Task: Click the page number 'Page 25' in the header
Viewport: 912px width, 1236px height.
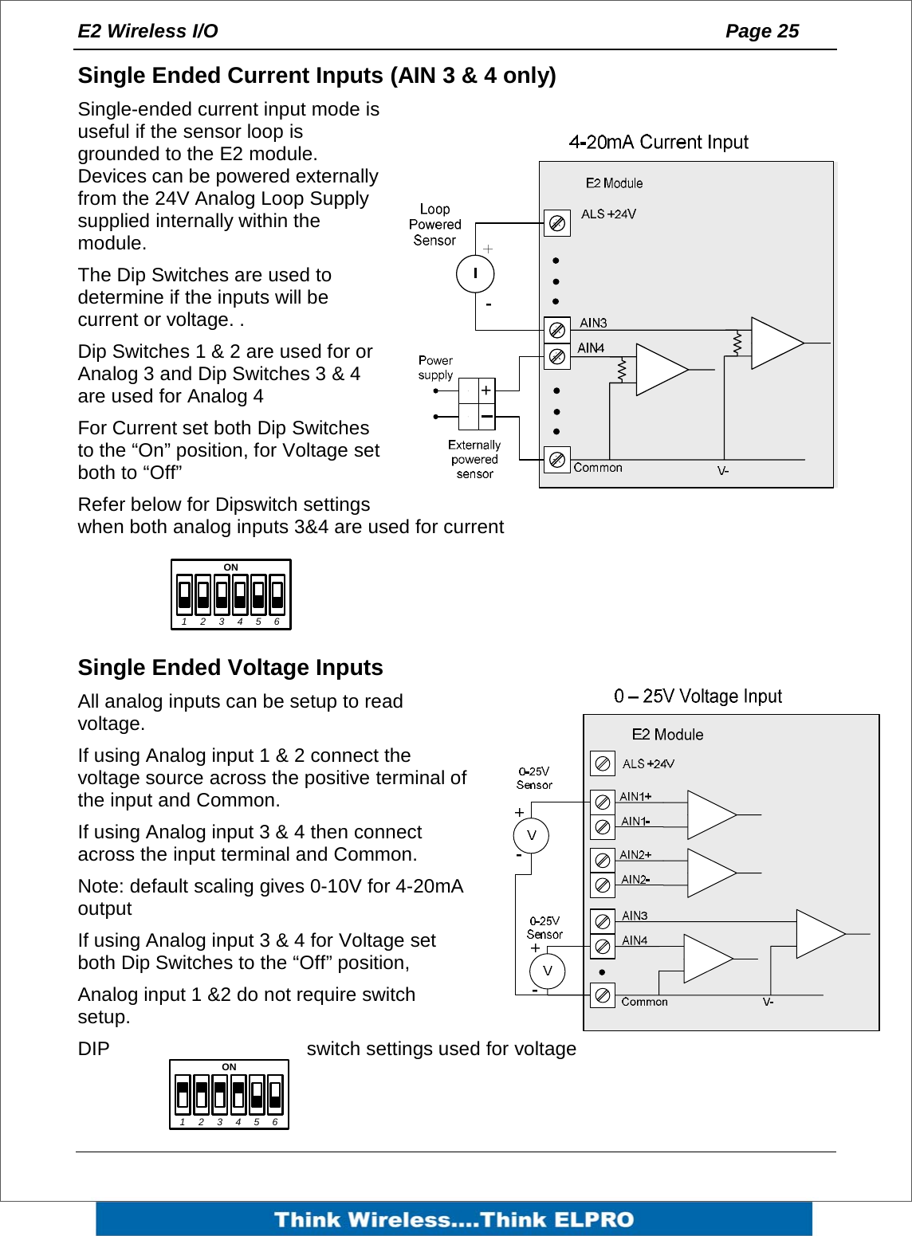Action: (761, 31)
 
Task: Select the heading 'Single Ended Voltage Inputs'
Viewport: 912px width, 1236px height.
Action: (230, 667)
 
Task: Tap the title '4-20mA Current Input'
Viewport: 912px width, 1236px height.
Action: (658, 142)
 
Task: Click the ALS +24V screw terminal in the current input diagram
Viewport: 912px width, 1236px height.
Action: (557, 223)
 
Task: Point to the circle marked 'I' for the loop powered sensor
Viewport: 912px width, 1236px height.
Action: (475, 274)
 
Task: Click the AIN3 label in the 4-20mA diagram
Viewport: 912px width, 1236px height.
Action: (593, 323)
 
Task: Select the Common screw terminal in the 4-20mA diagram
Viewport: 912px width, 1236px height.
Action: (557, 459)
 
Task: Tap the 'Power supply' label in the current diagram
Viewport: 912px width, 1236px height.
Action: (435, 367)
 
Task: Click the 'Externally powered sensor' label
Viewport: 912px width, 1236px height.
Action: (474, 459)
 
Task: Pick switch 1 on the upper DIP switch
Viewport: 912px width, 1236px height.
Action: (185, 594)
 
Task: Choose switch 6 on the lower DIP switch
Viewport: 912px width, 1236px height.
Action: (275, 1095)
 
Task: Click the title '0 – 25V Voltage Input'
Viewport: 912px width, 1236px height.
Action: (698, 696)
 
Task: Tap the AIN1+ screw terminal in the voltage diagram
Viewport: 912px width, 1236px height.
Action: (603, 802)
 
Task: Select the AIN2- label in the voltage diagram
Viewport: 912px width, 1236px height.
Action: (635, 880)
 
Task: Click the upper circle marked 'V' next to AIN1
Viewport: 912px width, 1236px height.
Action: (532, 836)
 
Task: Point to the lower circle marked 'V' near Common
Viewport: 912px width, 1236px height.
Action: (547, 971)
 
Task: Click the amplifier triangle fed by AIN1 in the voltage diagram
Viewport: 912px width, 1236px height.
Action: (710, 814)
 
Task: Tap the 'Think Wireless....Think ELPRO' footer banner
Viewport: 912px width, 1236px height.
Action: (454, 1219)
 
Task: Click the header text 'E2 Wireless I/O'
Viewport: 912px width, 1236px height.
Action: (147, 31)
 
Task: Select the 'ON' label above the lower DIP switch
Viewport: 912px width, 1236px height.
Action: (229, 1067)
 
